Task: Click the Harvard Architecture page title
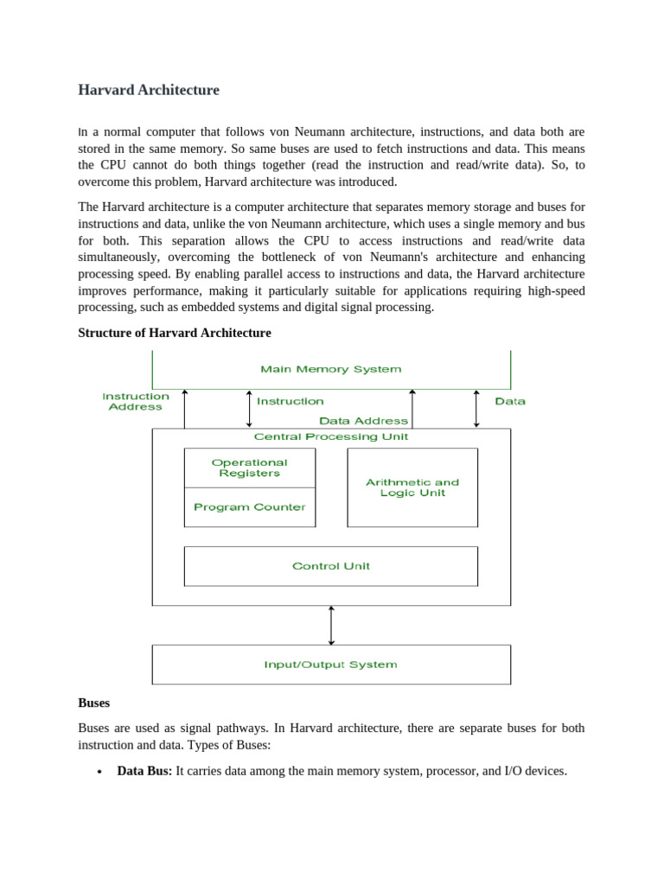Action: click(149, 90)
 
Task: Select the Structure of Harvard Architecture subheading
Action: click(175, 333)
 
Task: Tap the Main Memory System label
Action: click(331, 369)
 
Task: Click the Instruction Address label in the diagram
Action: click(136, 402)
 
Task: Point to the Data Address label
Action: click(363, 421)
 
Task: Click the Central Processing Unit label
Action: click(331, 436)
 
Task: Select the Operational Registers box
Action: click(250, 468)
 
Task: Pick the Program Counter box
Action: click(250, 507)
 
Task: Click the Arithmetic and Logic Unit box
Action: click(412, 487)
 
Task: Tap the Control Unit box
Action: click(331, 566)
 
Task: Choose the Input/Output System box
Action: click(331, 665)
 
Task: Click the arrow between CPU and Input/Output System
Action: click(331, 625)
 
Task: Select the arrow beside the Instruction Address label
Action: click(184, 408)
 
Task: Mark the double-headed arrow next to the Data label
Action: click(476, 408)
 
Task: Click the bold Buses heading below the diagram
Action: click(94, 703)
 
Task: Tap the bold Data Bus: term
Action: click(144, 770)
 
